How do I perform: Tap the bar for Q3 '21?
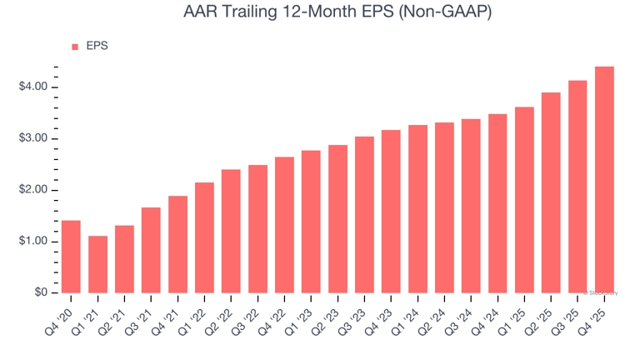[151, 250]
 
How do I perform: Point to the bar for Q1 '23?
[311, 222]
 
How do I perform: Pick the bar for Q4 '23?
[391, 212]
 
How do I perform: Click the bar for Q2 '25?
[551, 192]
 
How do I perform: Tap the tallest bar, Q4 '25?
[604, 179]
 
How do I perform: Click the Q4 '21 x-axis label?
[170, 315]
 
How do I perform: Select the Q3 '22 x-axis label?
[250, 315]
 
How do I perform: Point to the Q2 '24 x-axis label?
[437, 315]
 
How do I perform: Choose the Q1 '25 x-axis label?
[517, 315]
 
